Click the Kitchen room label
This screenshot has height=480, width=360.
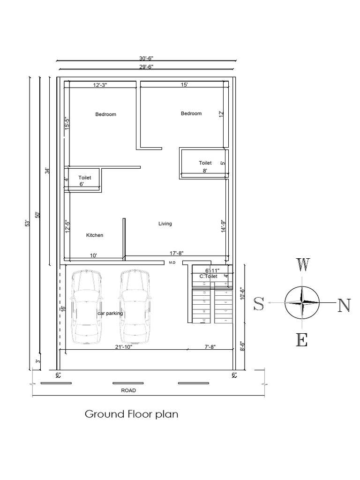(x=94, y=235)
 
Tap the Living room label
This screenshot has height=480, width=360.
(x=165, y=224)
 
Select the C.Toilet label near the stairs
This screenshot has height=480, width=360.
(x=209, y=277)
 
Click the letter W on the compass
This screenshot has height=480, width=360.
(x=302, y=265)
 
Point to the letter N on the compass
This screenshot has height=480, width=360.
(x=344, y=305)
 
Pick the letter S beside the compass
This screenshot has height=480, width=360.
(x=259, y=304)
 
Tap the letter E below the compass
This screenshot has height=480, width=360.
(x=302, y=339)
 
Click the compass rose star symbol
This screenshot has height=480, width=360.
(x=302, y=303)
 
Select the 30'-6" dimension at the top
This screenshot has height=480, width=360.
(x=146, y=58)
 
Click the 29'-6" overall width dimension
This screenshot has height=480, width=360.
(x=146, y=67)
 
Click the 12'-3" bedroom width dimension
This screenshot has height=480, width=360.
(x=100, y=85)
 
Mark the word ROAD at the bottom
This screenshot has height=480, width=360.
(x=128, y=390)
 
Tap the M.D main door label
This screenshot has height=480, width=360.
(x=172, y=263)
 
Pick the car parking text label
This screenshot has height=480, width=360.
(x=110, y=313)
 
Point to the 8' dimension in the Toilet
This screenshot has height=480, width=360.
(x=204, y=172)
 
